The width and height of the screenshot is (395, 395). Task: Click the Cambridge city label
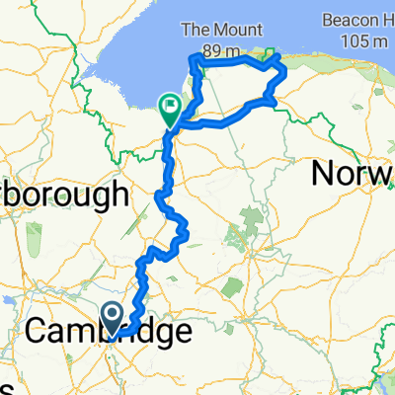(x=109, y=333)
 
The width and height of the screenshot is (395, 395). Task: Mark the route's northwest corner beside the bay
(x=193, y=62)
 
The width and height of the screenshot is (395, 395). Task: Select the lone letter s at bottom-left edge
(x=4, y=385)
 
